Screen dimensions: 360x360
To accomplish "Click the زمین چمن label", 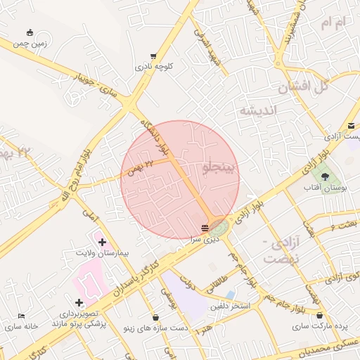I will pyautogui.click(x=32, y=43).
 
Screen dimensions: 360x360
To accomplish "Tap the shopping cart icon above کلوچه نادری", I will pyautogui.click(x=153, y=56).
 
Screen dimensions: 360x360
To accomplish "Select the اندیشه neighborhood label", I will pyautogui.click(x=258, y=110).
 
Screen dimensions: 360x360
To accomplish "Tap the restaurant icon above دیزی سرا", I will pyautogui.click(x=204, y=228).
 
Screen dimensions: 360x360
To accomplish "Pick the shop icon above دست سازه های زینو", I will pyautogui.click(x=155, y=317).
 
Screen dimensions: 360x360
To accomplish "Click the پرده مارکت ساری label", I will pyautogui.click(x=321, y=327).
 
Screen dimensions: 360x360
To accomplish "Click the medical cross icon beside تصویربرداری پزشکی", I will pyautogui.click(x=79, y=302).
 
